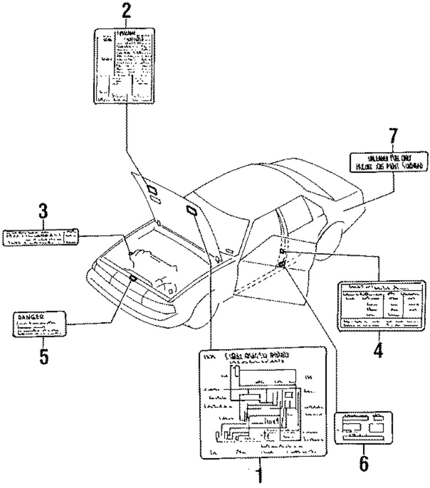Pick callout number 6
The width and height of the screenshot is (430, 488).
363,461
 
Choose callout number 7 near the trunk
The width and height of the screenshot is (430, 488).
391,140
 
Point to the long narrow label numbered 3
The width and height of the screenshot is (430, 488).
41,238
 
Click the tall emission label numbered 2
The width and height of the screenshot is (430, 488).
124,67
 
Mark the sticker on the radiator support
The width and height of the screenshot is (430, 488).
133,278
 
